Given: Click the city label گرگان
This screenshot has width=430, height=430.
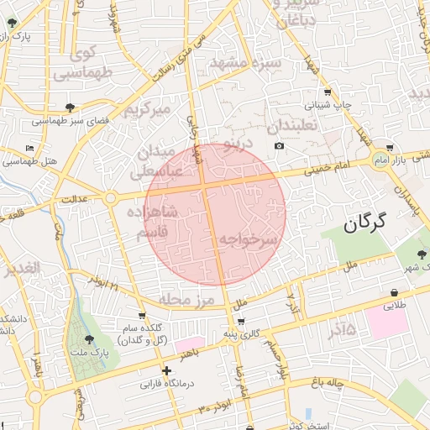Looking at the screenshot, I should pyautogui.click(x=364, y=223).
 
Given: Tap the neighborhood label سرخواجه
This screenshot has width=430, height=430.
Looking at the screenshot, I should pyautogui.click(x=248, y=240).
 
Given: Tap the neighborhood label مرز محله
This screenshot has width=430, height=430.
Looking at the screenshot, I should pyautogui.click(x=186, y=299).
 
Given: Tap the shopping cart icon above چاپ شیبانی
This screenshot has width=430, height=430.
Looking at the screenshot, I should pyautogui.click(x=327, y=92).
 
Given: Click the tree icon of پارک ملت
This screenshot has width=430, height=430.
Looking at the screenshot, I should pyautogui.click(x=90, y=339).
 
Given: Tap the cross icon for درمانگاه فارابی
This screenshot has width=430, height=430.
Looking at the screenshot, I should pyautogui.click(x=166, y=370).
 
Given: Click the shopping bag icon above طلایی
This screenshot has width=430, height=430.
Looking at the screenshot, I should pyautogui.click(x=394, y=292).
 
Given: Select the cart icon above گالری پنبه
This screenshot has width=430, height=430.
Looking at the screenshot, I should pyautogui.click(x=241, y=322).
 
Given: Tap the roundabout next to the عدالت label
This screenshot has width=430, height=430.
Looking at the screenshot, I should pyautogui.click(x=110, y=198).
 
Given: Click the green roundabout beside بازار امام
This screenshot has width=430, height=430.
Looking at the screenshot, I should pyautogui.click(x=382, y=159).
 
